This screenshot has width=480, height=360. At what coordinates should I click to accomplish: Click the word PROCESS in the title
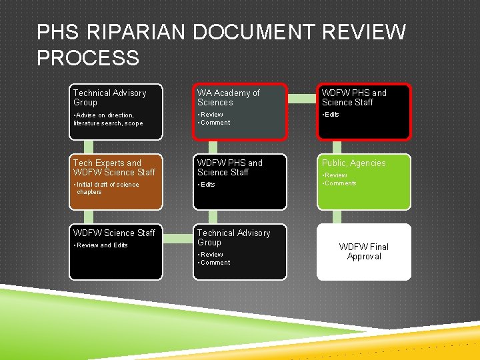point(88,58)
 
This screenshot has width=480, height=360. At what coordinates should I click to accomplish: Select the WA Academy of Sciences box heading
point(229,97)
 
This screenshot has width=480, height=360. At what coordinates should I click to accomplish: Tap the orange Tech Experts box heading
point(114,167)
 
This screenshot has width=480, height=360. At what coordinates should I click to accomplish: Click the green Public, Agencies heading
point(354,163)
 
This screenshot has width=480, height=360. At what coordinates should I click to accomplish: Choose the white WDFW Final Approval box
point(364,251)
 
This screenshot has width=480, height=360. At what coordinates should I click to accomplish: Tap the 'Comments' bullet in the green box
point(341,183)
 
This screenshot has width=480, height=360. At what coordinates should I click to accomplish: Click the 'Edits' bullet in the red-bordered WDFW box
point(332,115)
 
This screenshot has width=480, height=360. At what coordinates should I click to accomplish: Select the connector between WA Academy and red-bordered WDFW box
point(301,98)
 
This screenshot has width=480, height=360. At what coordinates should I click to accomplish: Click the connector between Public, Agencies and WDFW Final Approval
point(363,217)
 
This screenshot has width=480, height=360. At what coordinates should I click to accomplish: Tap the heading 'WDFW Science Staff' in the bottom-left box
point(114,233)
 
